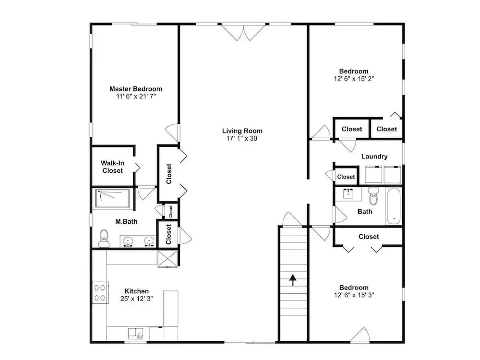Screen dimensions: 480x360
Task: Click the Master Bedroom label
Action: pos(136,89)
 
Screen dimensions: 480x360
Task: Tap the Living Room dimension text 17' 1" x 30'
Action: pos(242,138)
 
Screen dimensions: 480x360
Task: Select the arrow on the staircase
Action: pos(293,280)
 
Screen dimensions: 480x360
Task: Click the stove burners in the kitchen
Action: pos(100,292)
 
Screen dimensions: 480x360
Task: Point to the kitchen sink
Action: pos(136,334)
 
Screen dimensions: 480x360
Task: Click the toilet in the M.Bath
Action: pos(104,238)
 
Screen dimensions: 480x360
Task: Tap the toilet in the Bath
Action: pos(373,196)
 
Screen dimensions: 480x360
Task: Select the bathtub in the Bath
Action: pos(394,206)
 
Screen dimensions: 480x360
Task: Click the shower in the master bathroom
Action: pos(113,199)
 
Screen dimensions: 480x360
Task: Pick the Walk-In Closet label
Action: pos(113,167)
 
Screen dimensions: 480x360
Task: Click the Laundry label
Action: pos(374,156)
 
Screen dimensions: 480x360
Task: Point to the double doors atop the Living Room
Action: pos(243,32)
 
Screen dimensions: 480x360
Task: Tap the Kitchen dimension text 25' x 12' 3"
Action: pos(136,299)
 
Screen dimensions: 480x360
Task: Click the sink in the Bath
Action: pos(348,193)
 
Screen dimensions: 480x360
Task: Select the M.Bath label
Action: pos(126,221)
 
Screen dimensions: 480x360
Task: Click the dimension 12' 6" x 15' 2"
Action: pos(354,79)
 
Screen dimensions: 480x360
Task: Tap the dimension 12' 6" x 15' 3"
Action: pos(354,295)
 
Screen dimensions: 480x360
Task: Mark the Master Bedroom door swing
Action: pos(171,132)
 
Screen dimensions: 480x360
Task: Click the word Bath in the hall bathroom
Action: pos(365,212)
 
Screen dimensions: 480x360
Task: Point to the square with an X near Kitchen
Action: pos(167,259)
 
